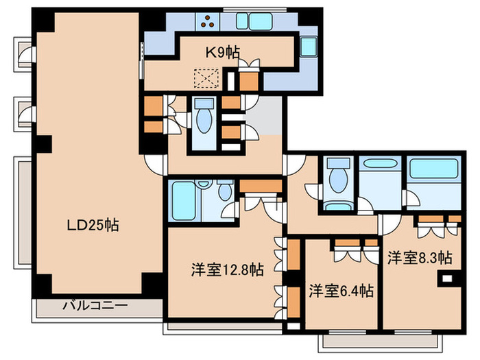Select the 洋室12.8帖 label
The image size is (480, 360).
coord(227,269)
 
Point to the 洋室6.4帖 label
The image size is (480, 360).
coord(341,291)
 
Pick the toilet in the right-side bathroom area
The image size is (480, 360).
coord(337,180)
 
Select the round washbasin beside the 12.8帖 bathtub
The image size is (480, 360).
coord(224,194)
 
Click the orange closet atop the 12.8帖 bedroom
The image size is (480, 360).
coord(260,186)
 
